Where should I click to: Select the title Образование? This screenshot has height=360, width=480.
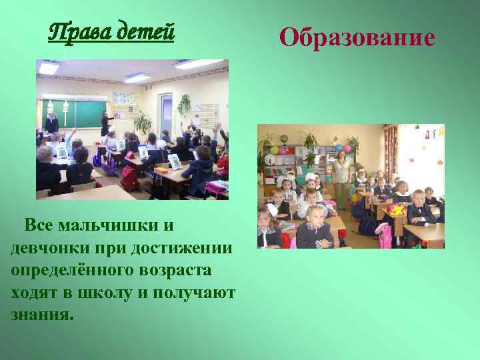tap(357, 37)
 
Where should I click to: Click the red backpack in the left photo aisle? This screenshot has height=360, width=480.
tap(129, 177)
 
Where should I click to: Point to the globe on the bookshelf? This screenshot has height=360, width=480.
tap(283, 141)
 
